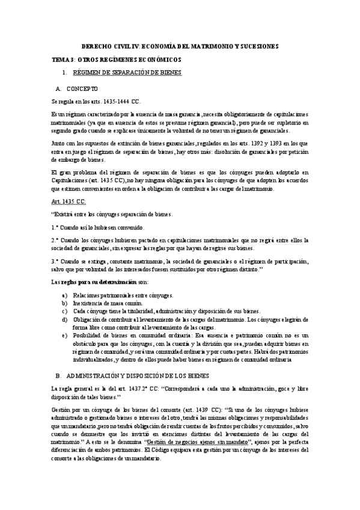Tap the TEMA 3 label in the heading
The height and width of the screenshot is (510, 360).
click(x=63, y=61)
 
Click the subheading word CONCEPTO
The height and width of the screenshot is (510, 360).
click(x=82, y=88)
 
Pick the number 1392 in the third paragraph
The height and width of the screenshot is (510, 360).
click(x=261, y=143)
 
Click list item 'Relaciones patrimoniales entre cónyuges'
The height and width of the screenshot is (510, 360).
click(x=123, y=295)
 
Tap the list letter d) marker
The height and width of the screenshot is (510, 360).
click(x=64, y=319)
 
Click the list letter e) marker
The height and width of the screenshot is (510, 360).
click(x=64, y=335)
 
